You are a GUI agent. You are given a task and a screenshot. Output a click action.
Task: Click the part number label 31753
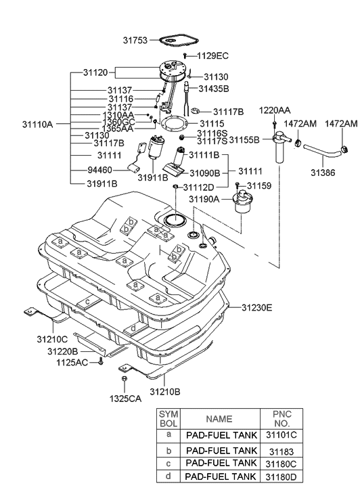pyautogui.click(x=135, y=41)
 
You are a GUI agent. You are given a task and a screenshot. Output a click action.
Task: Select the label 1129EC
pyautogui.click(x=212, y=56)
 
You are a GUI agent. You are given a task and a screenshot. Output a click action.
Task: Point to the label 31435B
pyautogui.click(x=214, y=89)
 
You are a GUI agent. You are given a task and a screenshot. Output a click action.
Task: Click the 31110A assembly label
pyautogui.click(x=38, y=125)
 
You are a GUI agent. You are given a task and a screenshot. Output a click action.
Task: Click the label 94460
pyautogui.click(x=99, y=170)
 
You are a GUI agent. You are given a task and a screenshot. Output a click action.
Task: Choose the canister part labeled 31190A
pyautogui.click(x=242, y=202)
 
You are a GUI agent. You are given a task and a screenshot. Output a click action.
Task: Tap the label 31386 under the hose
pyautogui.click(x=323, y=173)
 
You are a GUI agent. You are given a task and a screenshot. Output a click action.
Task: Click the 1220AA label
pyautogui.click(x=275, y=110)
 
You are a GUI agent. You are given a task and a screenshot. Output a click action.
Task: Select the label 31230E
pyautogui.click(x=256, y=307)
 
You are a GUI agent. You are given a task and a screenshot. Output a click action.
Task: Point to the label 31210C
pyautogui.click(x=52, y=340)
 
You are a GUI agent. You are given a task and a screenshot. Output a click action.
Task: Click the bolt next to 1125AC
pyautogui.click(x=100, y=361)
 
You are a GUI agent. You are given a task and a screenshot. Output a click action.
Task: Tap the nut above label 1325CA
pyautogui.click(x=124, y=379)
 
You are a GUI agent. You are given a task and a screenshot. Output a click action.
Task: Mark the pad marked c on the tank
pyautogui.click(x=89, y=302)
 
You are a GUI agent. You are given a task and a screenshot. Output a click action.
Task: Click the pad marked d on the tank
pyautogui.click(x=135, y=328)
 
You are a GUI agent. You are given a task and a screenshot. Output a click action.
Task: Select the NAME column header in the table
pyautogui.click(x=219, y=419)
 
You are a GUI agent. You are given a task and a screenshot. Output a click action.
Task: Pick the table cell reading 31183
pyautogui.click(x=282, y=451)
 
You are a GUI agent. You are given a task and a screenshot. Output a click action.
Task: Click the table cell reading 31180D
pyautogui.click(x=282, y=477)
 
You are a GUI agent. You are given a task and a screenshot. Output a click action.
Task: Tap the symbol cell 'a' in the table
pyautogui.click(x=169, y=434)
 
